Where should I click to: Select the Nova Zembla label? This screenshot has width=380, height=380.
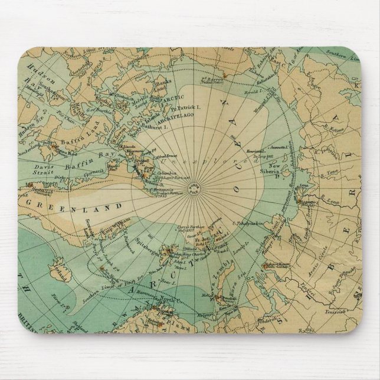tap(218, 263)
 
